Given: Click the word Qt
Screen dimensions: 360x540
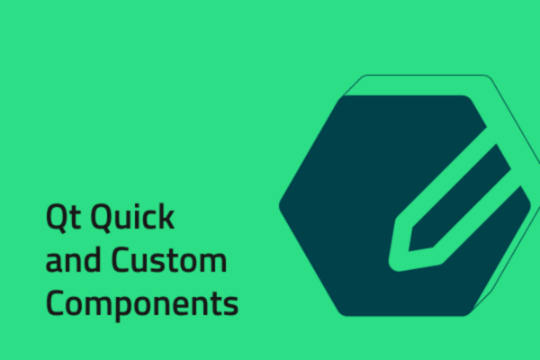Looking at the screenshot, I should [62, 219].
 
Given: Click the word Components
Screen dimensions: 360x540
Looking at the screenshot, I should [142, 303].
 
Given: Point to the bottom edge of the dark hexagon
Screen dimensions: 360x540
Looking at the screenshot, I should [405, 316].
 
